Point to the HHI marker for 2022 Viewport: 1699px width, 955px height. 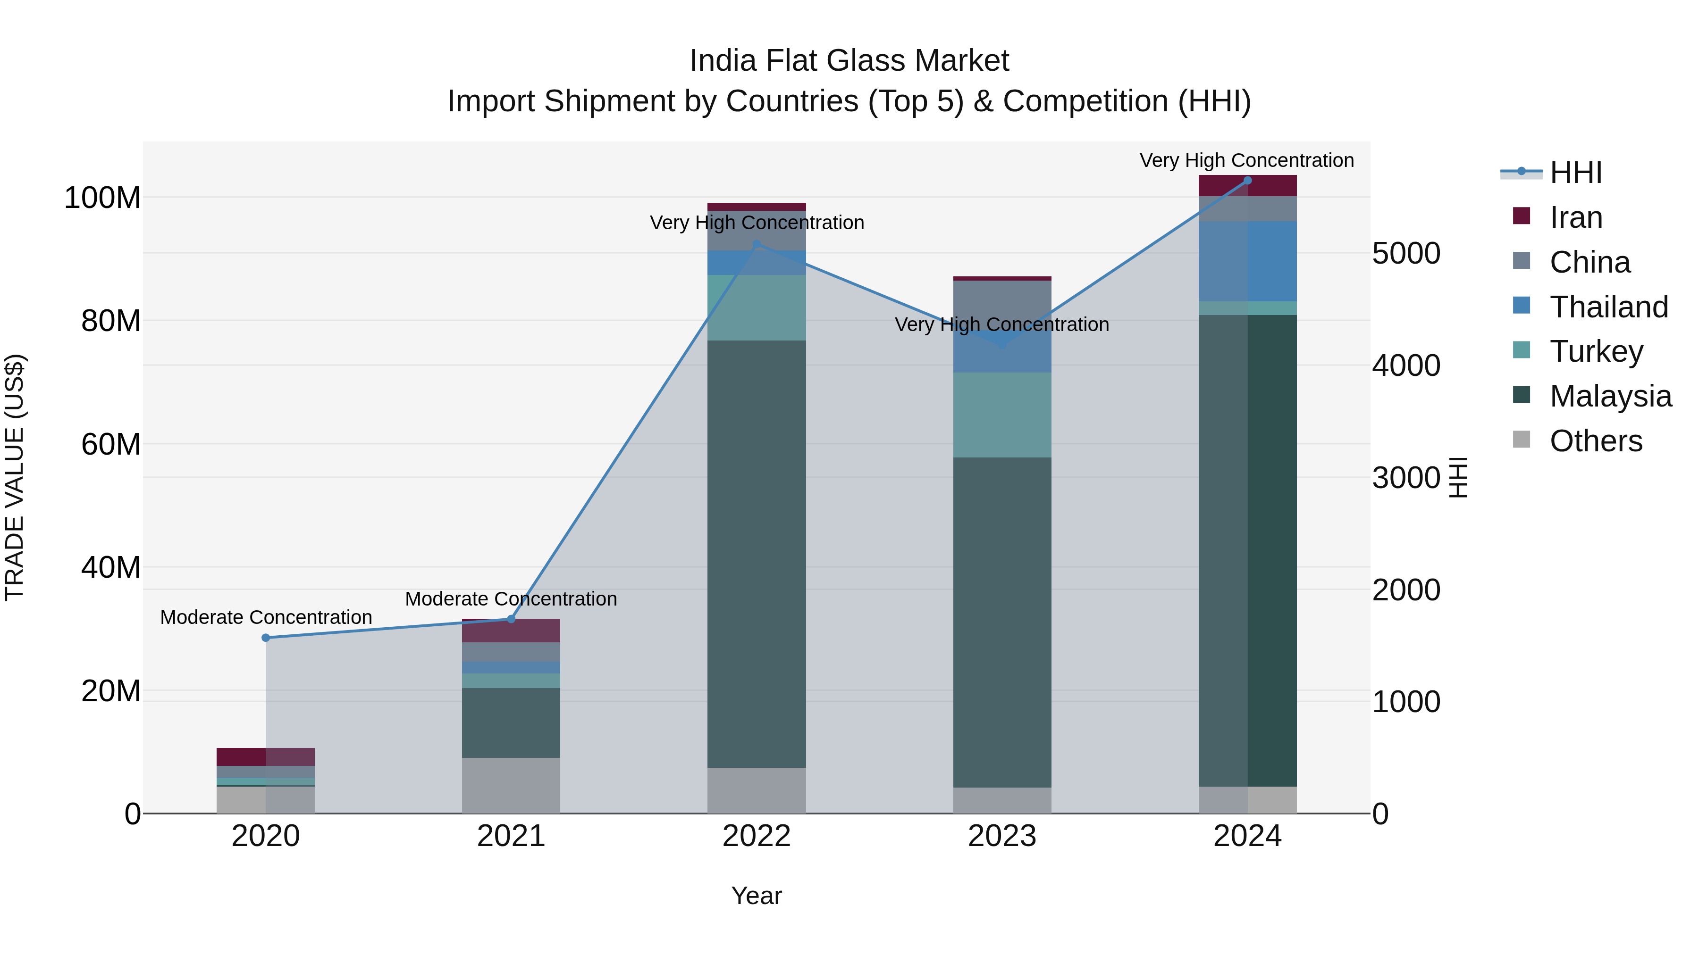[x=757, y=244]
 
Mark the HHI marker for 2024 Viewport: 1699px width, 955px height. [x=1247, y=181]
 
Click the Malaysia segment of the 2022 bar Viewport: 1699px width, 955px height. [x=757, y=554]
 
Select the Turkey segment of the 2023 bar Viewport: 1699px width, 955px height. [x=1002, y=415]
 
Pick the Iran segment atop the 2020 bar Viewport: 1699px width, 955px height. [x=266, y=756]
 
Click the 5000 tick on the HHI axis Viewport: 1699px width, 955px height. [x=1406, y=254]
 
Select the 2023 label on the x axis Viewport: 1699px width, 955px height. [x=1002, y=836]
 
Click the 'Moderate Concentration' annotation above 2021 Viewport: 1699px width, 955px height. [x=511, y=599]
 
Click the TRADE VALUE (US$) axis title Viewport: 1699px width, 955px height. [x=15, y=477]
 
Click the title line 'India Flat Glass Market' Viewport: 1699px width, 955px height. [x=849, y=61]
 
